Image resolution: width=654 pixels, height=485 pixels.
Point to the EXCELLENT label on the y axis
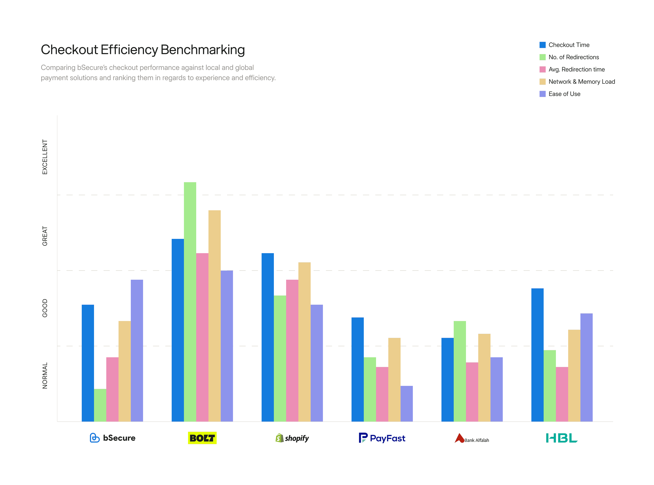[45, 157]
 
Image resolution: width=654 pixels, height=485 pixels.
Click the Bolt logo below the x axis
[202, 438]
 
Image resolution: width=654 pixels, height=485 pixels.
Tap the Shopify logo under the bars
[292, 438]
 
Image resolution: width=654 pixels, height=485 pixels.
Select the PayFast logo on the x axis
[382, 438]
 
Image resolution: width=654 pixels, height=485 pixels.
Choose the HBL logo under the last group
[561, 438]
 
